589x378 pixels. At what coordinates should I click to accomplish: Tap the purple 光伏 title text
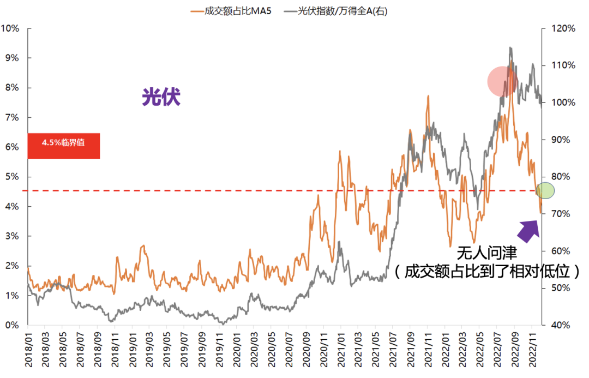pyautogui.click(x=161, y=97)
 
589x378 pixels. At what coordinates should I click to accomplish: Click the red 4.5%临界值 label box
pyautogui.click(x=63, y=146)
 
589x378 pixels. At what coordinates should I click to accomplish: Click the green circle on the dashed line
pyautogui.click(x=545, y=190)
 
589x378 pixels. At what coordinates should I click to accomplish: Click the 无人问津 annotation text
pyautogui.click(x=486, y=253)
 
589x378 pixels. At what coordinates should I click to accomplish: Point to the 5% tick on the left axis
pyautogui.click(x=11, y=177)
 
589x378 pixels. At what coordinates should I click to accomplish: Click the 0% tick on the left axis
pyautogui.click(x=11, y=325)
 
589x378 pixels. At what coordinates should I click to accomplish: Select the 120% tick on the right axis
pyautogui.click(x=562, y=28)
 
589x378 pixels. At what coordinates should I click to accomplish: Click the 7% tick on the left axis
pyautogui.click(x=11, y=117)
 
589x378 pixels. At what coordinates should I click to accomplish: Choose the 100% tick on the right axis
pyautogui.click(x=562, y=103)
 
